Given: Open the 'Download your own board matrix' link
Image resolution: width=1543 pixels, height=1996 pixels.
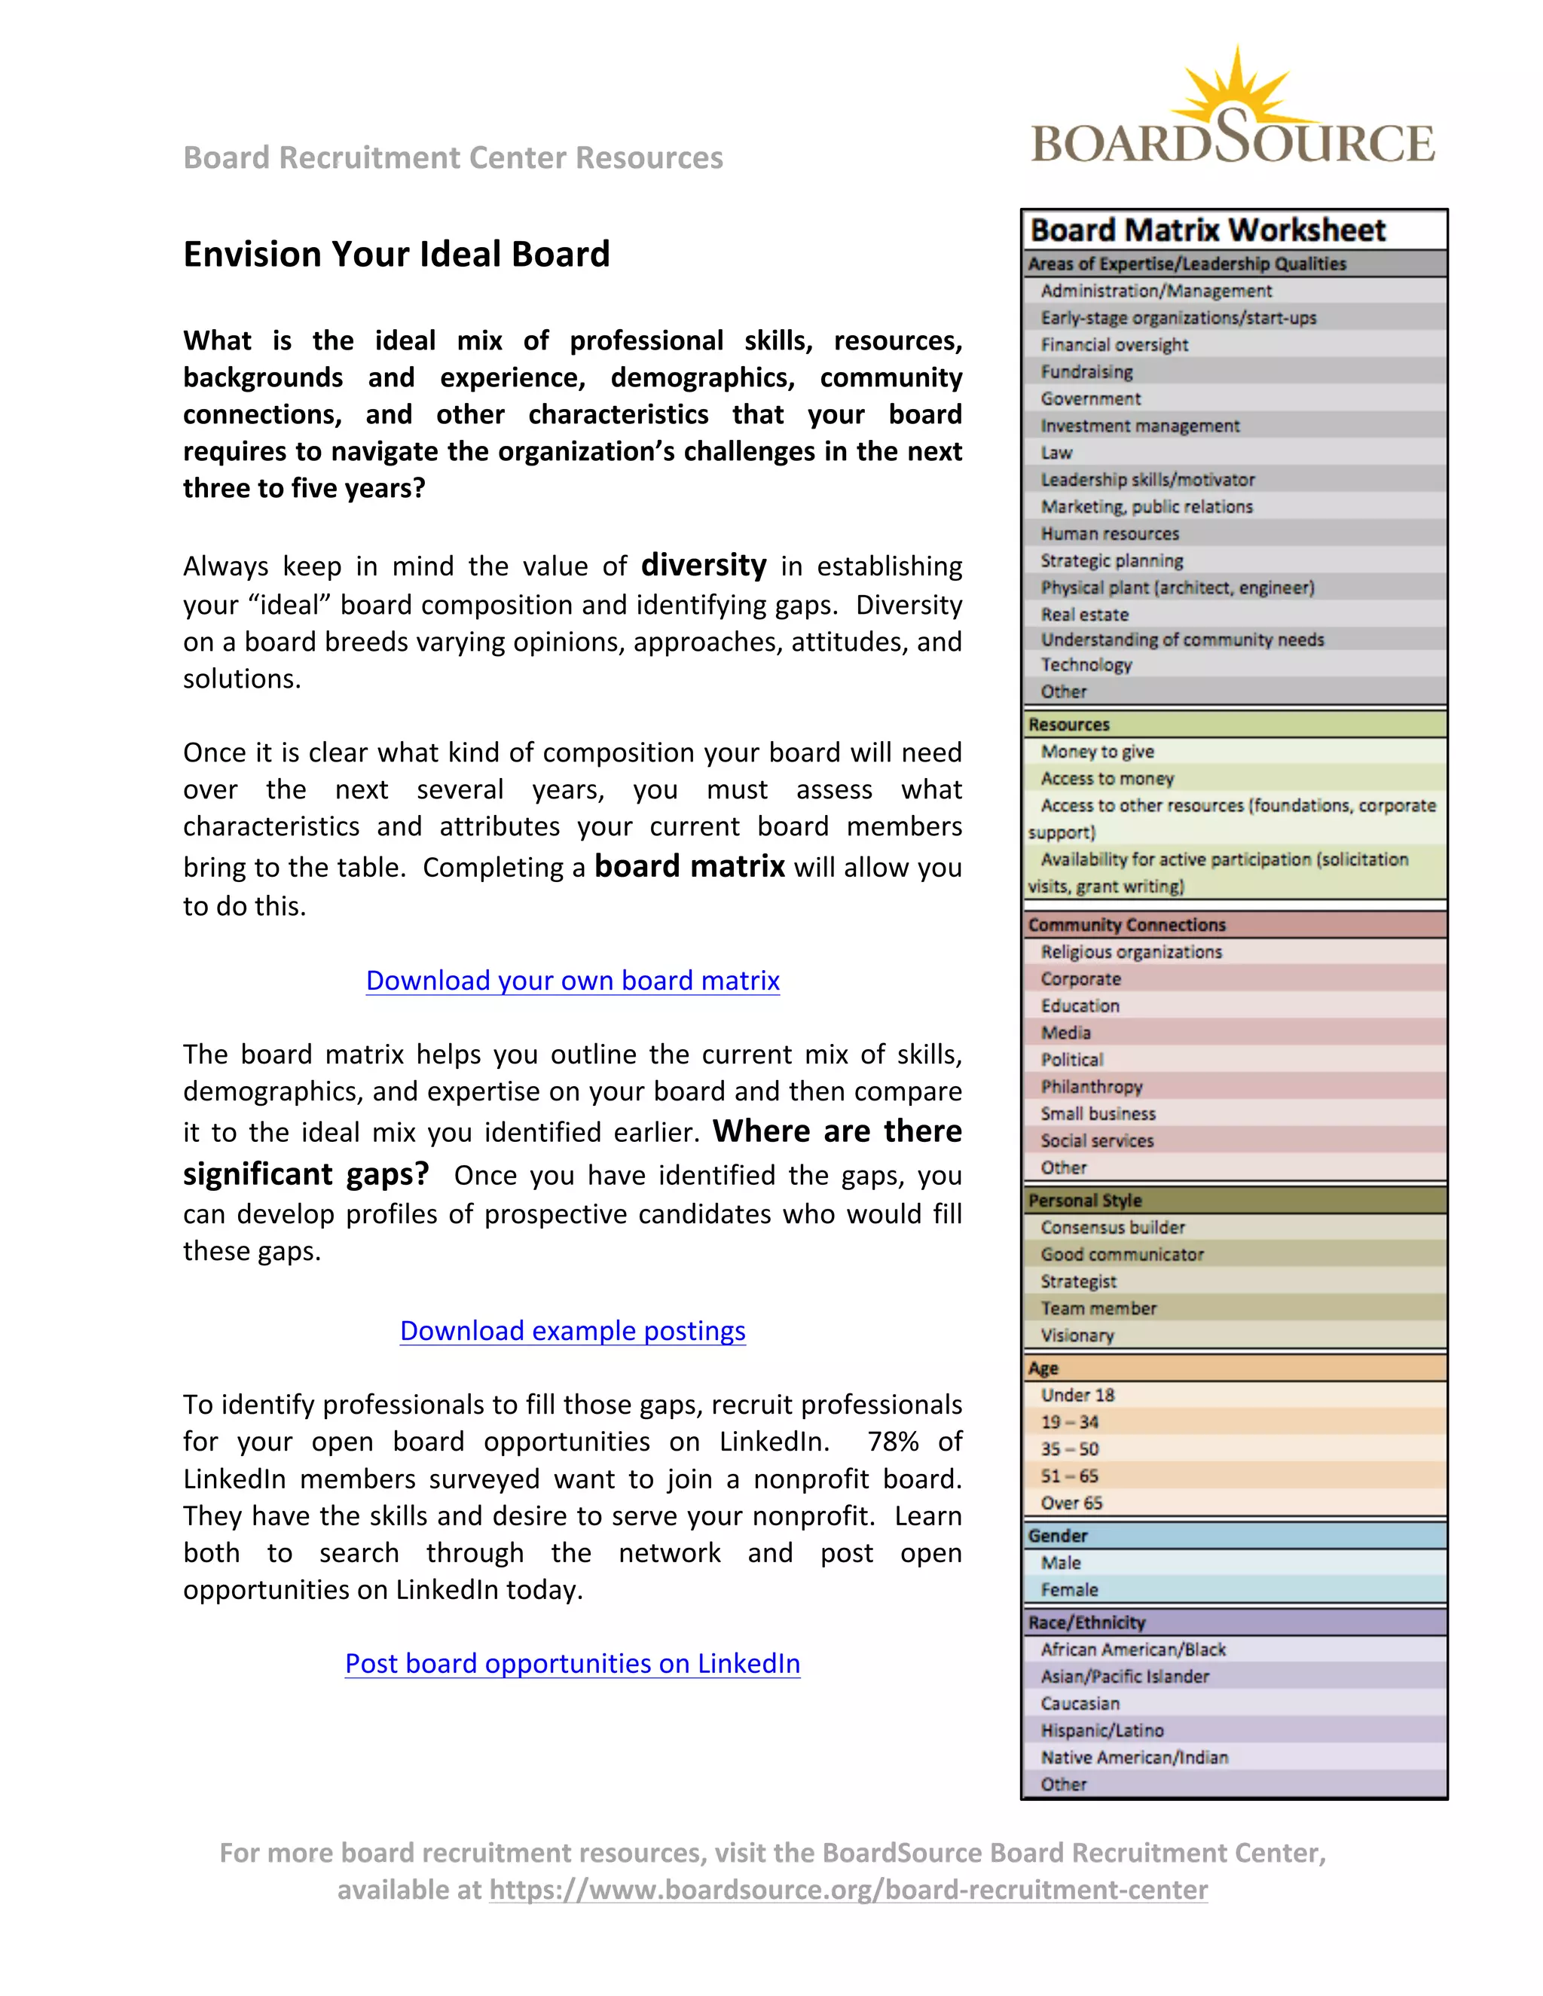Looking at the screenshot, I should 573,981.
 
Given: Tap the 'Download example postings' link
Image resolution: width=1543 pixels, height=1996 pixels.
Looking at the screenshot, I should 573,1331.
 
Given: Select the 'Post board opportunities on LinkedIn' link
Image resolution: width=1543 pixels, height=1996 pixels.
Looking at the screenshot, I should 573,1663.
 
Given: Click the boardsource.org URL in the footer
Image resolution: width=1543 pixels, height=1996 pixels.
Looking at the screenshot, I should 848,1890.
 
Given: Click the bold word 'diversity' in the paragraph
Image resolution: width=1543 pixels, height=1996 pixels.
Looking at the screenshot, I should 703,565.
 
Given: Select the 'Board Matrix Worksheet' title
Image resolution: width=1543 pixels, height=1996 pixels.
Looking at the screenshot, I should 1208,230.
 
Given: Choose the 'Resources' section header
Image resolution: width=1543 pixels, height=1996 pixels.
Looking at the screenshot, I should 1068,725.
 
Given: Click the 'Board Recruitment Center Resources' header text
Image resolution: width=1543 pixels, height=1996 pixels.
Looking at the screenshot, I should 453,158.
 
